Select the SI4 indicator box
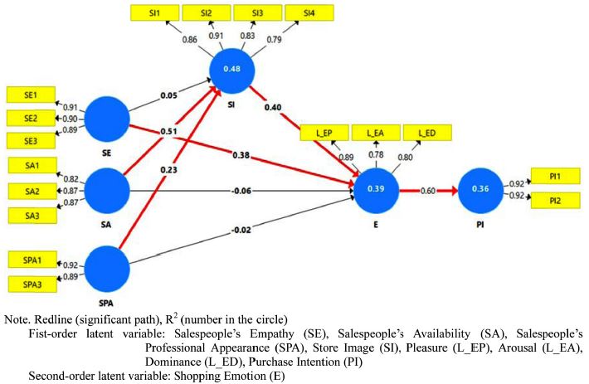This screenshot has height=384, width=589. point(307,14)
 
